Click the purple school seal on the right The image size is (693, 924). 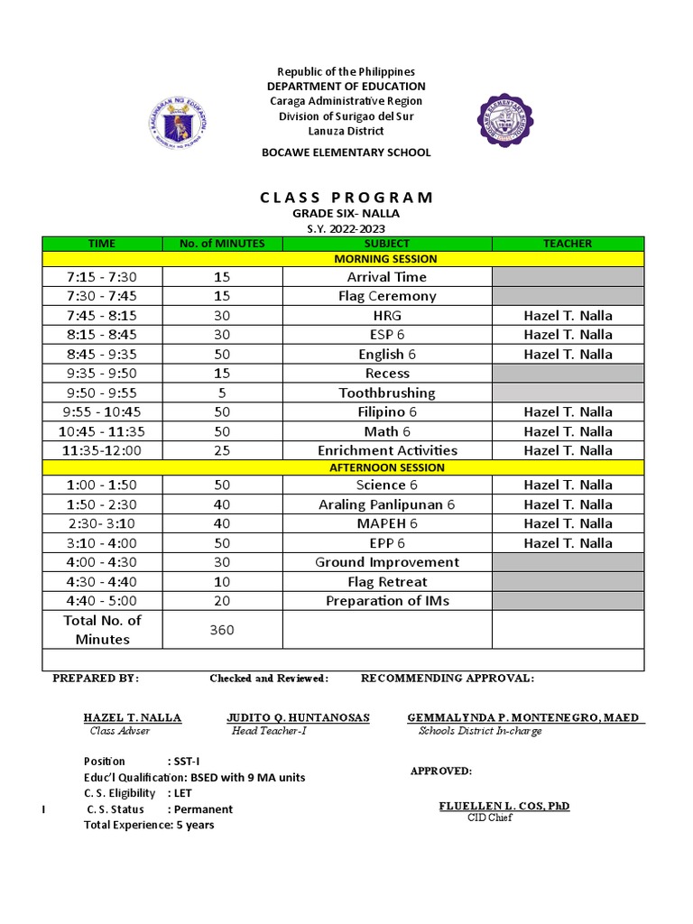(x=504, y=120)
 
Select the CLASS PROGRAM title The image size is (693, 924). (x=346, y=197)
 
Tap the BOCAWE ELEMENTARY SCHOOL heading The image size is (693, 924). (x=346, y=152)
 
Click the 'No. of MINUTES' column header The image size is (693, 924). (x=222, y=244)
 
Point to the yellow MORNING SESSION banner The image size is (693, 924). (x=386, y=259)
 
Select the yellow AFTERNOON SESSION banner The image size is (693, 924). (x=386, y=467)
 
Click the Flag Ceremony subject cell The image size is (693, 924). (x=387, y=296)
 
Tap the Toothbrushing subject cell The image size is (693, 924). (x=387, y=393)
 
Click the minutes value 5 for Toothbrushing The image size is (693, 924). (x=222, y=393)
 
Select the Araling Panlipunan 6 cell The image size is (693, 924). (x=387, y=504)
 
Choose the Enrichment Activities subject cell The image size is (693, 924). (x=387, y=450)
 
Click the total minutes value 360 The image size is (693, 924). (x=222, y=630)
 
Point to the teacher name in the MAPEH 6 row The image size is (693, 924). (x=568, y=523)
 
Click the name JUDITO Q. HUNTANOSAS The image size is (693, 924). (x=298, y=717)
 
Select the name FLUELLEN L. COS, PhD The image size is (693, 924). (x=504, y=805)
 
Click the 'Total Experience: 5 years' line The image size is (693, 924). (x=149, y=825)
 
